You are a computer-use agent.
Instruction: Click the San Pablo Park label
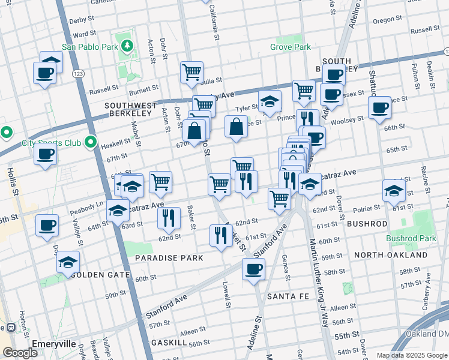[90, 46]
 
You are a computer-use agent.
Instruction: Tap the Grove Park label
[291, 47]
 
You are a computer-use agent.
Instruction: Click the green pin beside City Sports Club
[91, 142]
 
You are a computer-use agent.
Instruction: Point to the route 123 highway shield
[77, 73]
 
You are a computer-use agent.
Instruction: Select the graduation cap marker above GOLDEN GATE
[68, 263]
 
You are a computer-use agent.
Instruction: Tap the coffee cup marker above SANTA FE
[253, 269]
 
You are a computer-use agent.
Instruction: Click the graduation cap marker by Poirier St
[394, 191]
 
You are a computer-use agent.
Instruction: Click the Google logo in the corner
[20, 353]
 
